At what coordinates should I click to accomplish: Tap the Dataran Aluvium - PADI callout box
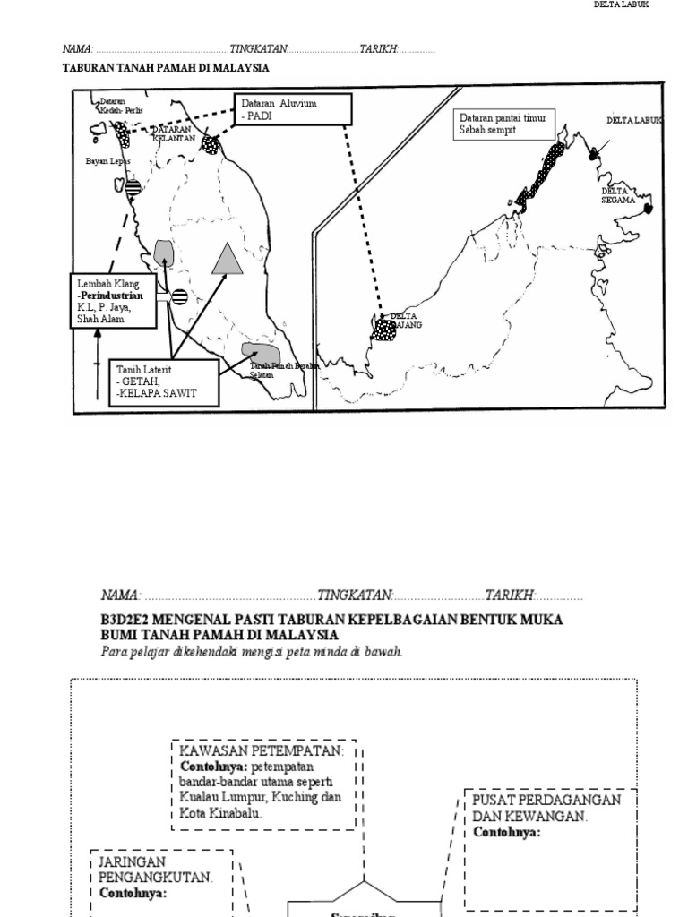(x=293, y=110)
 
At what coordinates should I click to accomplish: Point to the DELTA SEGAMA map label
(x=618, y=195)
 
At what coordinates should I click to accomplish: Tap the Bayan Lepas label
(x=107, y=161)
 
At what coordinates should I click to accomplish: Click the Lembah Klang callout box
(x=116, y=301)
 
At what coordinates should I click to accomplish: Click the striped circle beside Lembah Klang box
(x=179, y=296)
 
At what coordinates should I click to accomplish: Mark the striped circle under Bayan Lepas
(x=133, y=187)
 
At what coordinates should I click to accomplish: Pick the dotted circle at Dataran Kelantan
(x=211, y=143)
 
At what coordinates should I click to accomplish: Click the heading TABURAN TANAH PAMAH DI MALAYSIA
(x=166, y=68)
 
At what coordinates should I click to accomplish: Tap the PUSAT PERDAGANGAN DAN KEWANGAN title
(x=546, y=808)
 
